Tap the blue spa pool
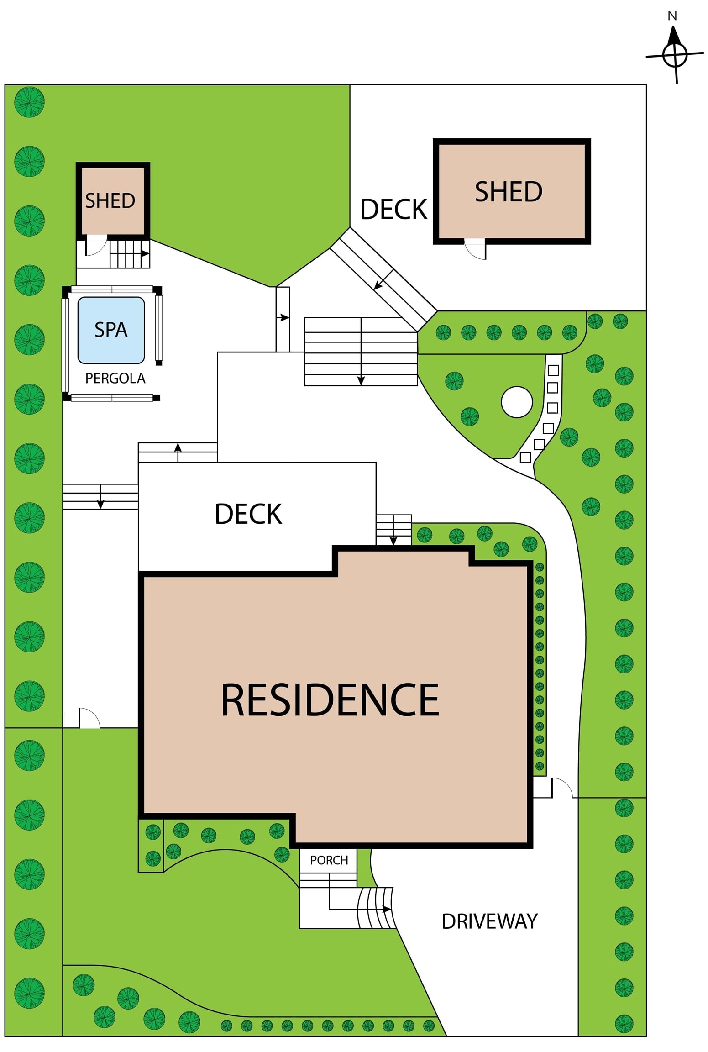coord(111,330)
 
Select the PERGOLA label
coord(115,378)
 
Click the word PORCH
coord(329,860)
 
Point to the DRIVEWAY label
coord(489,921)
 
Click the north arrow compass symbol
coord(674,55)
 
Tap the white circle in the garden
coord(516,402)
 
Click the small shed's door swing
coord(96,245)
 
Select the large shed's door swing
coord(475,249)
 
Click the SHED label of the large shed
coord(509,191)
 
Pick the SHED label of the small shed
coord(110,201)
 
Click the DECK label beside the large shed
coord(393,210)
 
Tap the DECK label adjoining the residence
coord(248,514)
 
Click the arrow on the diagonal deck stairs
coord(383,279)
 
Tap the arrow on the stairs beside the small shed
coord(130,253)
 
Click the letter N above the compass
coord(672,16)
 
